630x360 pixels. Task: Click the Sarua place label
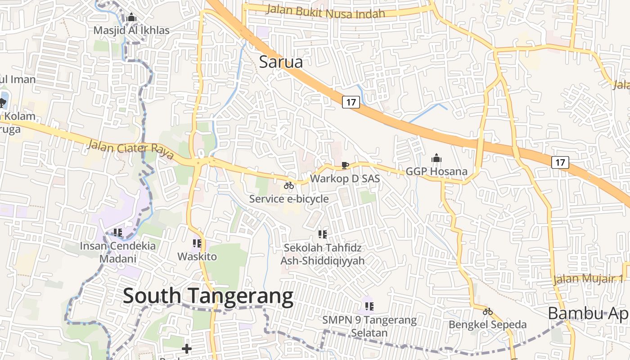pos(281,62)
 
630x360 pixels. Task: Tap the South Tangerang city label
pos(208,296)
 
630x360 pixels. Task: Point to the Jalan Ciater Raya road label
pos(130,148)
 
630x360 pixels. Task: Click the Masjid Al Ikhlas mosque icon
pos(131,18)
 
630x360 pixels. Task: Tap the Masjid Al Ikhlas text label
pos(131,31)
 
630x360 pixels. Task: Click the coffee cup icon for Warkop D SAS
pos(345,166)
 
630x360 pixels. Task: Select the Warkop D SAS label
pos(345,179)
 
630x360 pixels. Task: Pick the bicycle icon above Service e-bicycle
pos(289,185)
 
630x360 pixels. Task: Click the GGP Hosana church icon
pos(436,158)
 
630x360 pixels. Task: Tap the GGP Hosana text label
pos(436,171)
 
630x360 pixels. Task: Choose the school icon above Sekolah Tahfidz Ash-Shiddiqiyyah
pos(322,234)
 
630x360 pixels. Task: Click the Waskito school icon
pos(197,243)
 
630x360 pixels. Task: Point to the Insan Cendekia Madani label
pos(118,252)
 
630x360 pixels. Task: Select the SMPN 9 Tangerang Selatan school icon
pos(369,307)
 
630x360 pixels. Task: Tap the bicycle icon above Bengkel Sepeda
pos(488,311)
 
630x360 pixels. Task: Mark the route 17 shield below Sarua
pos(351,102)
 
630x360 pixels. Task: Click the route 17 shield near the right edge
pos(560,162)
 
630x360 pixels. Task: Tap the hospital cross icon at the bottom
pos(187,349)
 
